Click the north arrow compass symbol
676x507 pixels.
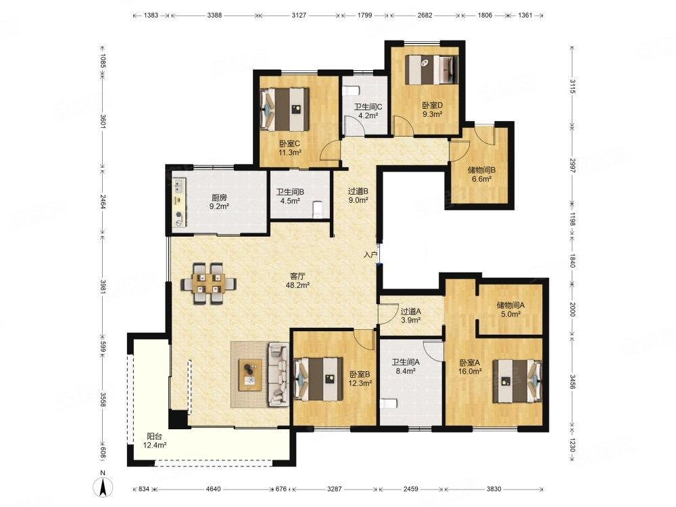point(103,487)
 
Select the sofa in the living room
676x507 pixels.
point(279,375)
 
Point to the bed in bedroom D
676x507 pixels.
point(430,69)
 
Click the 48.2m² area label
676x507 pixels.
point(297,285)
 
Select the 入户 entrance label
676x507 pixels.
point(370,255)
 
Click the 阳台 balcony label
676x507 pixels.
point(154,437)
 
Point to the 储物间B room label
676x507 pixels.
point(481,170)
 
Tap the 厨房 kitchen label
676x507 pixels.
point(219,198)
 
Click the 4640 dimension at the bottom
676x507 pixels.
point(213,489)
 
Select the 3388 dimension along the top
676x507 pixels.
point(214,15)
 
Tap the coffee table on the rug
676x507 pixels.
point(250,375)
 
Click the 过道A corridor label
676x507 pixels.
point(410,312)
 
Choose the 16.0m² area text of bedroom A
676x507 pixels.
point(470,370)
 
